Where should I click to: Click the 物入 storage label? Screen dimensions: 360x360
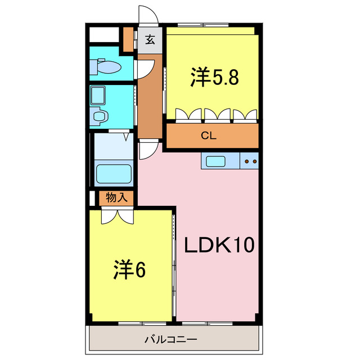116,197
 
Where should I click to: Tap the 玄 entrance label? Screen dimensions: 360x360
150,40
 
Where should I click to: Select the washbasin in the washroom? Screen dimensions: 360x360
100,117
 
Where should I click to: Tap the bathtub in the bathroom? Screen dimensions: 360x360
114,173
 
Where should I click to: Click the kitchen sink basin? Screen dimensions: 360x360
215,161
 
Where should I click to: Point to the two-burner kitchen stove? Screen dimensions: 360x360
250,161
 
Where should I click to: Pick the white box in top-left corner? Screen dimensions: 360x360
104,33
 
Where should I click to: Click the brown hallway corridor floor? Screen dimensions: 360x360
149,107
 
